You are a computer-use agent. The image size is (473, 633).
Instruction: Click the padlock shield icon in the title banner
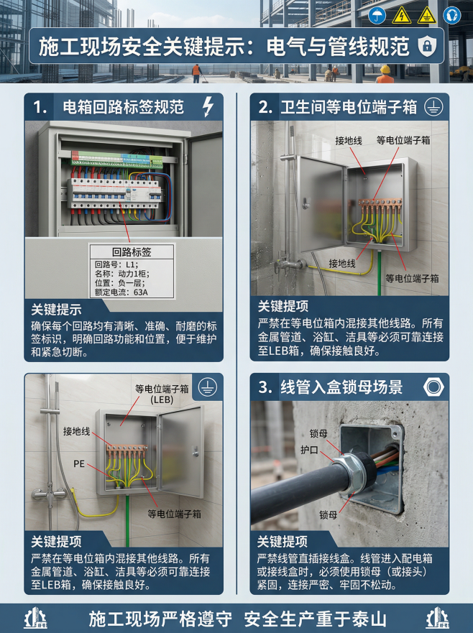point(426,45)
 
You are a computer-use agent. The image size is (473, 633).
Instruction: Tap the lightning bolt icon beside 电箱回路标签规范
point(208,107)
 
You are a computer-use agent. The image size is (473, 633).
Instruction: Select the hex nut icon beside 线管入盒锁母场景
point(433,387)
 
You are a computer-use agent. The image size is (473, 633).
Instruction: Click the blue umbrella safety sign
point(377,16)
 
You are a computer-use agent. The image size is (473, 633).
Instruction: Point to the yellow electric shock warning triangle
point(402,16)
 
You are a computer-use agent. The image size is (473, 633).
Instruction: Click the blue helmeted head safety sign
point(451,16)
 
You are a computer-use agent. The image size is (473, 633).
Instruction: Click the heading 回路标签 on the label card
point(132,252)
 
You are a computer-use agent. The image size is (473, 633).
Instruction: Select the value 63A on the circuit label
point(141,292)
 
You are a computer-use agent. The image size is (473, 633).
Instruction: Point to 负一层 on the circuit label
point(131,283)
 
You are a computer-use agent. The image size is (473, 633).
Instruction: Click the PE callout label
point(79,464)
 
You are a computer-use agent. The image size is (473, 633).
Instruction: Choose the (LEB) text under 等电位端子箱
point(162,399)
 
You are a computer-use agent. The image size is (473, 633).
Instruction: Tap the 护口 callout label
point(309,450)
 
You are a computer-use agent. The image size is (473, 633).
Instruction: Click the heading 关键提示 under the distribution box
point(56,310)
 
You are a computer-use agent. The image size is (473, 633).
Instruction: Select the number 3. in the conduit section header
point(265,387)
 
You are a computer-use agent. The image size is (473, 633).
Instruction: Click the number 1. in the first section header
point(40,107)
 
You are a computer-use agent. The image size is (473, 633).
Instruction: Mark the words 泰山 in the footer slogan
point(369,619)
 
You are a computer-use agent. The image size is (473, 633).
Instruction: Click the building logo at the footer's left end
point(35,619)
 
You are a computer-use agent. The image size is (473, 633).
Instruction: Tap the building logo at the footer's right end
point(437,619)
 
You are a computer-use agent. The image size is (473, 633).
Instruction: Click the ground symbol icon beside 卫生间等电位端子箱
point(433,107)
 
